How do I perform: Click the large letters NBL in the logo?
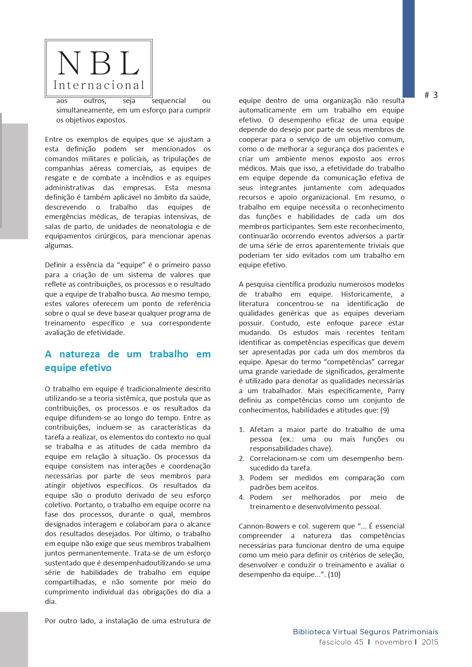point(99,63)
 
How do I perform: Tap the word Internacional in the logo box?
point(99,85)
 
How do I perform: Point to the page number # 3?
point(431,95)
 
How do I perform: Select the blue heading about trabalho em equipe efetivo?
point(127,361)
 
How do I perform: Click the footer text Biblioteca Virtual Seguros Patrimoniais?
point(365,632)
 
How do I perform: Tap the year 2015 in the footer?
point(430,642)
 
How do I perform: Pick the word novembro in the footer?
point(393,642)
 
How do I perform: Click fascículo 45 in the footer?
point(341,642)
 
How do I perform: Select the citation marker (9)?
point(385,410)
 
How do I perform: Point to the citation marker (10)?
point(334,575)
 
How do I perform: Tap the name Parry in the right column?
point(396,391)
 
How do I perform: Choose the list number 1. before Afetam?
point(242,430)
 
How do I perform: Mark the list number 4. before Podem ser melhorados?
point(242,497)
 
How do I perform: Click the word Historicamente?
point(366,294)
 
